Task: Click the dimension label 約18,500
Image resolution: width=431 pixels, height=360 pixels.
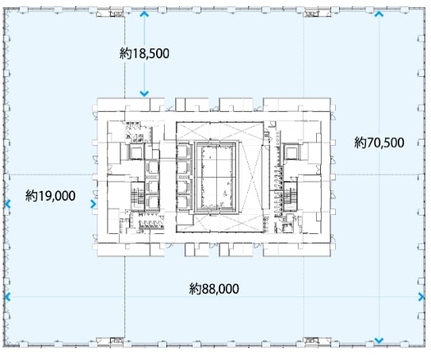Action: [144, 53]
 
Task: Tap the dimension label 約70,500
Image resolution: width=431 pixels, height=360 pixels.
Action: [380, 143]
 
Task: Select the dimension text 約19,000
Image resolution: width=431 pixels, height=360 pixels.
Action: [50, 196]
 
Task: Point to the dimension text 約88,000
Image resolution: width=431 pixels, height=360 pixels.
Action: [214, 289]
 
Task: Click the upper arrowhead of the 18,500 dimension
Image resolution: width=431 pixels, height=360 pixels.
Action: [144, 14]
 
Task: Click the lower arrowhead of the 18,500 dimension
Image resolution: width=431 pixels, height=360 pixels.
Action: [144, 94]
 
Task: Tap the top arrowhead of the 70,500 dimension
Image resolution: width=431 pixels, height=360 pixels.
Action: [379, 13]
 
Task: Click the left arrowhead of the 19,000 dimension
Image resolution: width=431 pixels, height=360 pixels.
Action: [8, 204]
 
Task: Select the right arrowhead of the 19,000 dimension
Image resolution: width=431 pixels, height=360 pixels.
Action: [93, 204]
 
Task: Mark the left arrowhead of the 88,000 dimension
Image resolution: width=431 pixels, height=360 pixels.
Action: [8, 297]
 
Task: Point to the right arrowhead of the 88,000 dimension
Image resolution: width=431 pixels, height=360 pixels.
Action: [421, 297]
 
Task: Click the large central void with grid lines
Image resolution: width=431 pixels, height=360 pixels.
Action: [216, 178]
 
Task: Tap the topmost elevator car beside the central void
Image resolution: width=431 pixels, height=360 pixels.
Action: [184, 152]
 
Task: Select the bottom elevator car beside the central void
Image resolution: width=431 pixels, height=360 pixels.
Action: [184, 203]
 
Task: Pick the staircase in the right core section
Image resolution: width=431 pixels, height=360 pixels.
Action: [291, 197]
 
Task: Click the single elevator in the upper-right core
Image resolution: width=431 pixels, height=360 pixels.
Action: [292, 152]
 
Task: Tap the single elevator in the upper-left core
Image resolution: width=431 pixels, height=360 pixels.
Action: [135, 152]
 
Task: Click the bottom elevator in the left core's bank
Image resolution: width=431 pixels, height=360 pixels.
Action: [152, 202]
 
